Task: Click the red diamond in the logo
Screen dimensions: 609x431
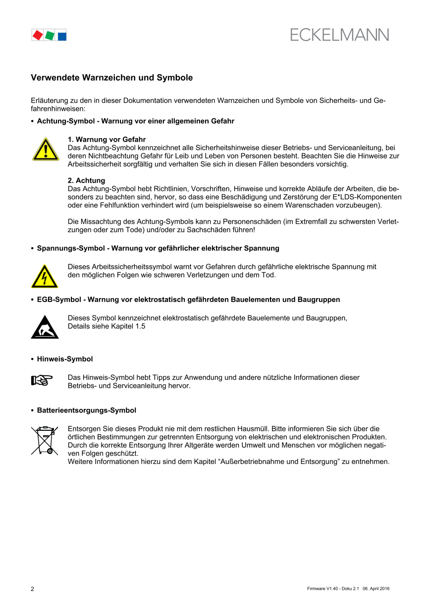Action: [x=37, y=35]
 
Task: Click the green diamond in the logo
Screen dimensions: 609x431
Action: [x=50, y=35]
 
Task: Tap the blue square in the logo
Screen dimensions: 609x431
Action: [x=62, y=36]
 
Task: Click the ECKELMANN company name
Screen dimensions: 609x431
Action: [x=339, y=35]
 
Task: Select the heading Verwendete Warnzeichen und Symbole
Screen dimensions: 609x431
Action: [x=112, y=78]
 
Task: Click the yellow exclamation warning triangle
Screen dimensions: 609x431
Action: [x=46, y=150]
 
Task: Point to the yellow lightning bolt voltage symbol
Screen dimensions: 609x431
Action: [x=45, y=276]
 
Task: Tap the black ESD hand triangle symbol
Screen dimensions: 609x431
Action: [x=45, y=327]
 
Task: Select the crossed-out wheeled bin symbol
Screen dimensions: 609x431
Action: [x=45, y=440]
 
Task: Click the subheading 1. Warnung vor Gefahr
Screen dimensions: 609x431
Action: [x=107, y=140]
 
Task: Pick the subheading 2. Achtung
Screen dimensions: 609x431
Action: [x=86, y=181]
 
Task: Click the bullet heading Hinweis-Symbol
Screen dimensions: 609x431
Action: [x=65, y=359]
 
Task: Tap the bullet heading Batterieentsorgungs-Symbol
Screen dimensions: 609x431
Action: [x=87, y=410]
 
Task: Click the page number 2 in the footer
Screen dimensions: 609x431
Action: [x=33, y=589]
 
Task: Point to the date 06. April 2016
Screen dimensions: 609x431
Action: [x=376, y=589]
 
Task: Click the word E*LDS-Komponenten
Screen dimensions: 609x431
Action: [x=367, y=197]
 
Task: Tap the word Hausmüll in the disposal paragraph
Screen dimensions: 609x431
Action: [x=254, y=428]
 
